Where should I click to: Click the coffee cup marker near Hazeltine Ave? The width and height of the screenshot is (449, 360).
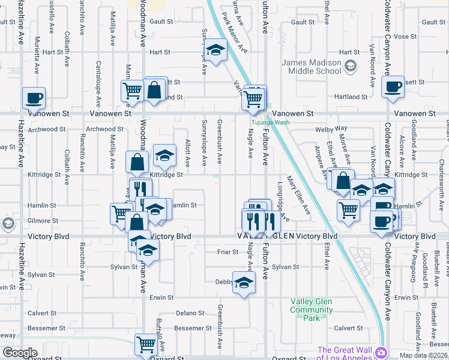tap(34, 97)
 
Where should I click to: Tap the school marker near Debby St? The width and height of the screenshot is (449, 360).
tap(244, 282)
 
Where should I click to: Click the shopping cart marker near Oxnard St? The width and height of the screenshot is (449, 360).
tap(146, 344)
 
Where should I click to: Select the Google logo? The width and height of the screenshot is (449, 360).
tap(19, 352)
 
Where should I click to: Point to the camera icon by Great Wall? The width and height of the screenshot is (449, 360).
tap(381, 351)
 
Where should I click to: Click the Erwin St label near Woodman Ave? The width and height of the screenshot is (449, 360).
tap(161, 298)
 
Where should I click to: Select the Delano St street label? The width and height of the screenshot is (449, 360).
tap(190, 313)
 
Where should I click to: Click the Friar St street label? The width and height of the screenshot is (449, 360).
tap(228, 252)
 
